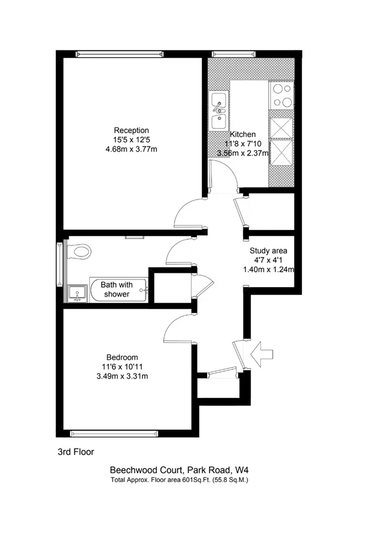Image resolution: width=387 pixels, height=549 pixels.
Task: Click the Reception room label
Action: [131, 130]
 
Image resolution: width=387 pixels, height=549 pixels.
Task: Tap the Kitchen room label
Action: [243, 134]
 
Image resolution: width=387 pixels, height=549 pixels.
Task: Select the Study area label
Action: [268, 250]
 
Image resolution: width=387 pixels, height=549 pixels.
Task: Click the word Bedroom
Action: [122, 357]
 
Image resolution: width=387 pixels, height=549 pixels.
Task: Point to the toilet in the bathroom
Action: [79, 252]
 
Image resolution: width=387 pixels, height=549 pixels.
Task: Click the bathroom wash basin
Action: [78, 293]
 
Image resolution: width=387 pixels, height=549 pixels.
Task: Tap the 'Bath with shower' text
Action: [117, 289]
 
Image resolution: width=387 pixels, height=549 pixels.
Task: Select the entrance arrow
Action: [262, 354]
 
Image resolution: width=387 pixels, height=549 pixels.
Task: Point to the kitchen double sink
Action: [219, 110]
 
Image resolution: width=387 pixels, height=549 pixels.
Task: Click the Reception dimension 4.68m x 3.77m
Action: [131, 149]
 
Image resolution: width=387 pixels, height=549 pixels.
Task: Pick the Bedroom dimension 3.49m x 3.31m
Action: [122, 376]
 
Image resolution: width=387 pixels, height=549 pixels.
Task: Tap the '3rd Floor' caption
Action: [76, 452]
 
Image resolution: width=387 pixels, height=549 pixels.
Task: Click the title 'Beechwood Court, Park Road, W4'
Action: [179, 470]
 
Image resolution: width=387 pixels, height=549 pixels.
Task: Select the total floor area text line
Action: [179, 480]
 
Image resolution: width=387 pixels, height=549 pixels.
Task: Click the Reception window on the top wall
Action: [120, 54]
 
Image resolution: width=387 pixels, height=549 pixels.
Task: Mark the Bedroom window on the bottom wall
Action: [114, 434]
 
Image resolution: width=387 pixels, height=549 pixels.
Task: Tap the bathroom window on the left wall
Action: [60, 263]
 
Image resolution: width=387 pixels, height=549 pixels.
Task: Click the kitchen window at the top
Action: [233, 54]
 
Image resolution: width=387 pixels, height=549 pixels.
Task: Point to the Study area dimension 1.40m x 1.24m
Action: [268, 269]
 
